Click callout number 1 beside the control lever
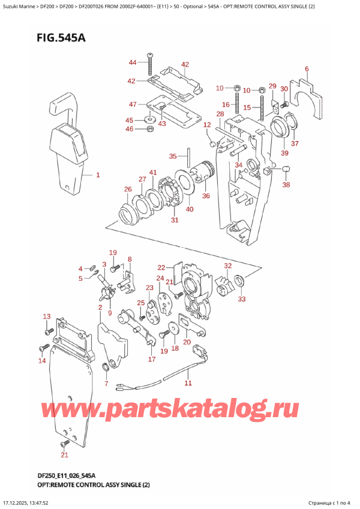point(98,175)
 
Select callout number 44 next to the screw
point(133,62)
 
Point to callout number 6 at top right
point(306,69)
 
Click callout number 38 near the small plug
point(286,185)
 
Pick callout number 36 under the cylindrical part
point(206,195)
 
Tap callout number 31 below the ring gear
point(175,220)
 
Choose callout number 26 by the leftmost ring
point(128,190)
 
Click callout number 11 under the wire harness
point(188,382)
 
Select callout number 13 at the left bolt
point(46,316)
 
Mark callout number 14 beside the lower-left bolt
point(41,361)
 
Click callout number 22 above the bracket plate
point(161,268)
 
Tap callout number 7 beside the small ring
point(106,383)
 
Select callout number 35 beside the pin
point(173,157)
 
